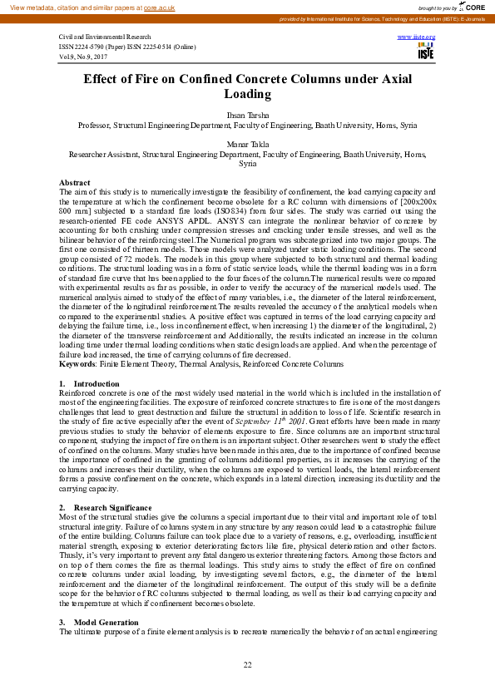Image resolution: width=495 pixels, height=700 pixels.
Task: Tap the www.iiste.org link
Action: (x=423, y=38)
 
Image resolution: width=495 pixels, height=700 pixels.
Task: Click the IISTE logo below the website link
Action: (x=424, y=52)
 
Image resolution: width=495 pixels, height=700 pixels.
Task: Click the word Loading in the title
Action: (x=247, y=94)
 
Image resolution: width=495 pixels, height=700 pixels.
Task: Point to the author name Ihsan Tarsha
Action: (x=247, y=116)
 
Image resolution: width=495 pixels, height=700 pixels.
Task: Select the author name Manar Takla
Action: (x=247, y=145)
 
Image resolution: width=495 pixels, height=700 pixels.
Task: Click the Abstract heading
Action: (x=75, y=182)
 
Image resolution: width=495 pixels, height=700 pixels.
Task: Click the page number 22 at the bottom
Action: (x=247, y=664)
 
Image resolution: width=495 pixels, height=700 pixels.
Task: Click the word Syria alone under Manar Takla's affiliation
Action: (x=247, y=164)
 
